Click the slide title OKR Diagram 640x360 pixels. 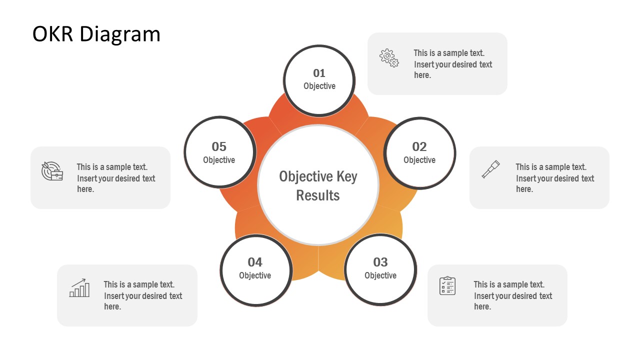[x=96, y=34]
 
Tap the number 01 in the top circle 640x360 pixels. [x=319, y=73]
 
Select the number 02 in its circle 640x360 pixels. [x=419, y=146]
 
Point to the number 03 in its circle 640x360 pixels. [x=380, y=262]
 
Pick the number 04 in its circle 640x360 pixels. [x=255, y=262]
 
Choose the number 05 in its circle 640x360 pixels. [x=219, y=146]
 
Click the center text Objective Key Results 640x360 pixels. [x=318, y=185]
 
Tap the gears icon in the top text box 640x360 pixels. [x=389, y=58]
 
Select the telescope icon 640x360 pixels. [x=490, y=169]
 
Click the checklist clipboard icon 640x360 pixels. [x=447, y=285]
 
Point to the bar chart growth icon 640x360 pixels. [x=79, y=288]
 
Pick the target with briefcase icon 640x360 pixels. [x=52, y=171]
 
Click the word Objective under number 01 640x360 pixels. [x=319, y=86]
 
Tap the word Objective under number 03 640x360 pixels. [x=380, y=275]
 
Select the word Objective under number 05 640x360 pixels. [x=219, y=160]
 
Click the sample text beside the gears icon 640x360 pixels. [x=453, y=64]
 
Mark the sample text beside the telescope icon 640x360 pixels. [x=555, y=178]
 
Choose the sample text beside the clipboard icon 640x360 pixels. [x=513, y=295]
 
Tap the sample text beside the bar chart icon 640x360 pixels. [x=143, y=295]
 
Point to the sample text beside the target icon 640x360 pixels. [x=116, y=178]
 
